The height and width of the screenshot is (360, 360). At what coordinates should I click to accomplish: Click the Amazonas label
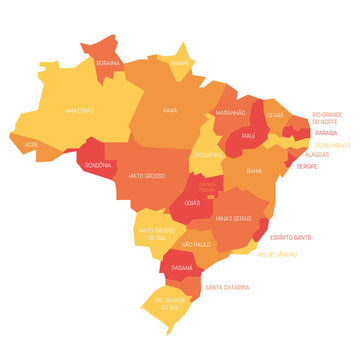click(80, 110)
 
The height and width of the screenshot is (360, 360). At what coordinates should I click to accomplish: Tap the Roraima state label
click(108, 62)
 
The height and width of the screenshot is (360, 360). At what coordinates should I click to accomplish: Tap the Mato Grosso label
click(147, 176)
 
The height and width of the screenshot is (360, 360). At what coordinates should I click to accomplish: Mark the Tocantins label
click(209, 156)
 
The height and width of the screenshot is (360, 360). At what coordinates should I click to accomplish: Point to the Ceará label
click(275, 114)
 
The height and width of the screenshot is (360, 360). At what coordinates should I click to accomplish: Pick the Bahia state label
click(254, 171)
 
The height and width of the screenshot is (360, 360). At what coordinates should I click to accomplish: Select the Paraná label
click(181, 268)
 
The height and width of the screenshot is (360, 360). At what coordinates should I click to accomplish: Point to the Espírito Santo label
click(291, 237)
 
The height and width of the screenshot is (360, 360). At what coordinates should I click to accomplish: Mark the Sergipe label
click(306, 166)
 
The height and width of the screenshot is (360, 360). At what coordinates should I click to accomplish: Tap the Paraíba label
click(326, 132)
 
